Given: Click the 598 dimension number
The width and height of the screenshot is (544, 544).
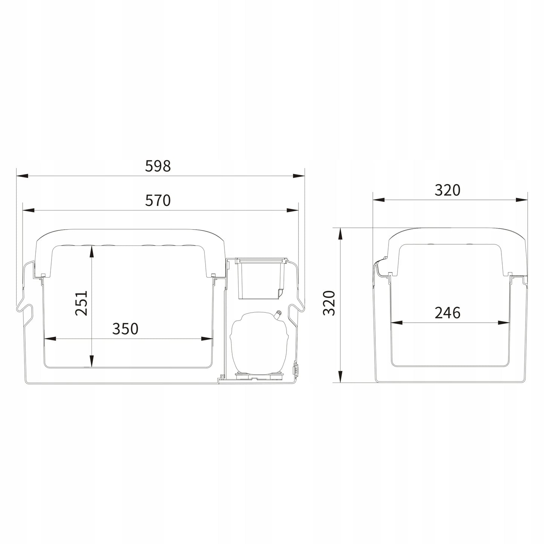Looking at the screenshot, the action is pos(158,166).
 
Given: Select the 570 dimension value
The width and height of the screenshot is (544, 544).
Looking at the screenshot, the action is pos(158,200).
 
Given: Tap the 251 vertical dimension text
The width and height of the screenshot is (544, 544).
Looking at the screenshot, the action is pos(82,303).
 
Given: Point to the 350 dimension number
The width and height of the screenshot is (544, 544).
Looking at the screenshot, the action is pos(125,329).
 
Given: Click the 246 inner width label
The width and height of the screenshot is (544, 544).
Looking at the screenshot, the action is pos(448,313).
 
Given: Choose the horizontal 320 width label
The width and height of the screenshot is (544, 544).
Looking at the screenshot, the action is pos(448,190).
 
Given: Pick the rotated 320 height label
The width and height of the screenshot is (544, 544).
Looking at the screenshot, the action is pos(329,303).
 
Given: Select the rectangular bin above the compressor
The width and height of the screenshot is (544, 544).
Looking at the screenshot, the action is pos(261,278).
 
